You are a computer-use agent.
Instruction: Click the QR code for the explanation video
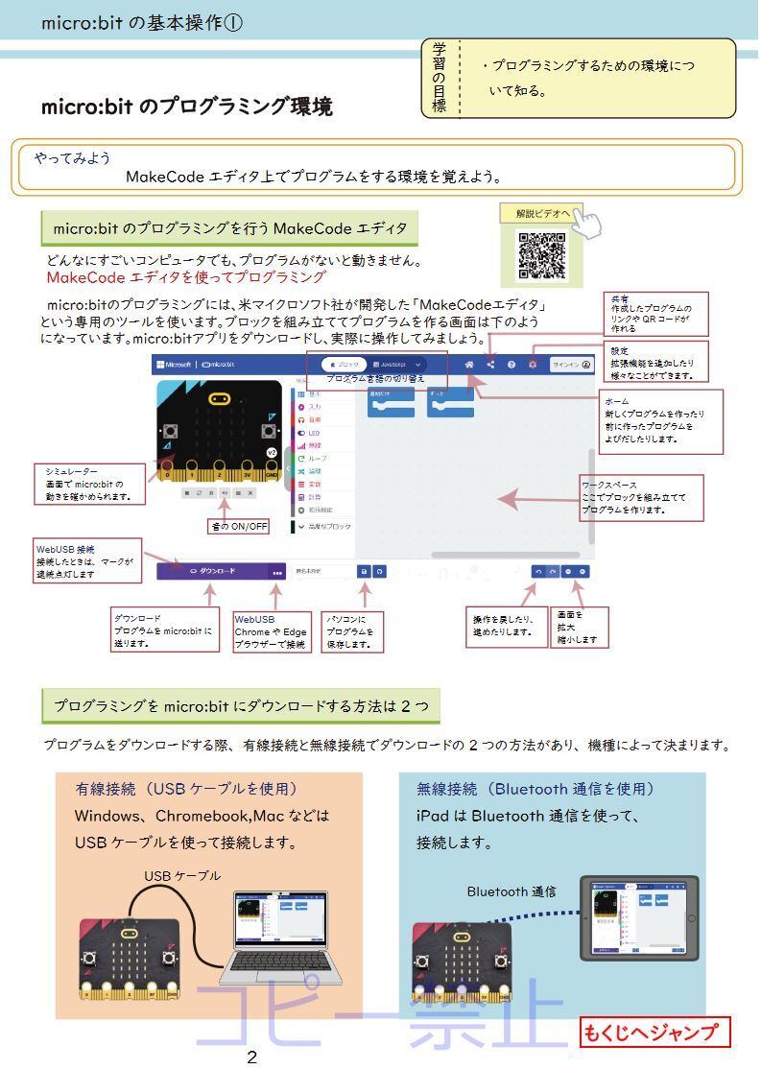click(541, 255)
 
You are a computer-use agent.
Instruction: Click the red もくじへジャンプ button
click(654, 1033)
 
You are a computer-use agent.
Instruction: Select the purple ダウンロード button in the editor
click(213, 571)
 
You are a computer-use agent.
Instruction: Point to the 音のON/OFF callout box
click(239, 526)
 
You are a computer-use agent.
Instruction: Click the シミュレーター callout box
click(91, 484)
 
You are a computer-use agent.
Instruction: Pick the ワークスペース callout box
click(641, 497)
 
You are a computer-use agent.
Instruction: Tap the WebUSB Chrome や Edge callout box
click(272, 632)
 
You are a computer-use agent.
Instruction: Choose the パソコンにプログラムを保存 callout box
click(351, 632)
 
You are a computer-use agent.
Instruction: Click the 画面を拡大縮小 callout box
click(581, 627)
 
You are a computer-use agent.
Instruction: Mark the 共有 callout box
click(656, 314)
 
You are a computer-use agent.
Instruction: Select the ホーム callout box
click(661, 421)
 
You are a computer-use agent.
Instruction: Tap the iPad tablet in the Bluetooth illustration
click(639, 917)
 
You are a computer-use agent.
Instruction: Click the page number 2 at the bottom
click(251, 1057)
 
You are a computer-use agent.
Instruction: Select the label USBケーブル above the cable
click(182, 875)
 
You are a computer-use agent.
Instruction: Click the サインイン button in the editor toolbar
click(572, 365)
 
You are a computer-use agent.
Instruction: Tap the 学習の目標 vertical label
click(440, 78)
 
